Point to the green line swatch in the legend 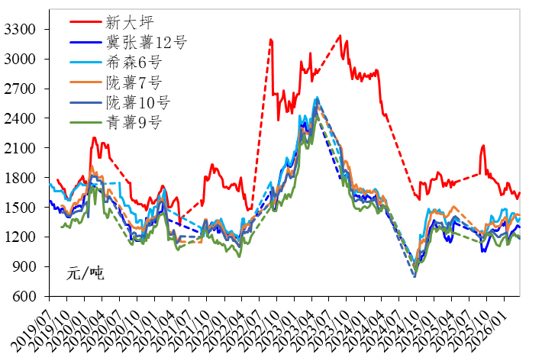click(x=85, y=122)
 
